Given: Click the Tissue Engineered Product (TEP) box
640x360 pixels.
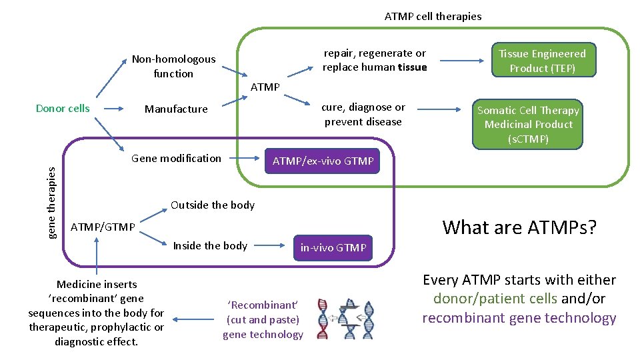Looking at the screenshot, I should pos(542,61).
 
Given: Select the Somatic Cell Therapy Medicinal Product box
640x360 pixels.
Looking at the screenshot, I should pos(528,125).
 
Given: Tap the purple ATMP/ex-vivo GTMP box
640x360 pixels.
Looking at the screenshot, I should pos(323,161).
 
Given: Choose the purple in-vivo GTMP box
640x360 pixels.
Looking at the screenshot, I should pos(333,247).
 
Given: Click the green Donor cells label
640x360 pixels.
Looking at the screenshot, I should pos(63,108).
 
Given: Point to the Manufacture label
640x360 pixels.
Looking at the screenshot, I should pos(176,109).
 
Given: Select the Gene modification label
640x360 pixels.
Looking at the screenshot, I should pos(176,158).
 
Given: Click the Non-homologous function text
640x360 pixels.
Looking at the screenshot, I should pos(173,66).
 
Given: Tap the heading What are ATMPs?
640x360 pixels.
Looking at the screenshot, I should pos(519,227).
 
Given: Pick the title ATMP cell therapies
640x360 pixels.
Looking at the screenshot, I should pos(433,16).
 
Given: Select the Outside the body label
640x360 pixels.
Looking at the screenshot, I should pos(213,205).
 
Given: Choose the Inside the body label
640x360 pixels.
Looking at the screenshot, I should pos(210,245).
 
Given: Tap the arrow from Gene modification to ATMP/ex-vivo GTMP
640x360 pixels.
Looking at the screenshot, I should pos(243,159).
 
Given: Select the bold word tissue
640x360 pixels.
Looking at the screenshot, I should pos(412,67).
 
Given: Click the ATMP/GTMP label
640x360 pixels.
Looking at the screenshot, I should pos(103,227).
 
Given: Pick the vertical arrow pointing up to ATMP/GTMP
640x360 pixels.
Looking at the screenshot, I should pos(97,256).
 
